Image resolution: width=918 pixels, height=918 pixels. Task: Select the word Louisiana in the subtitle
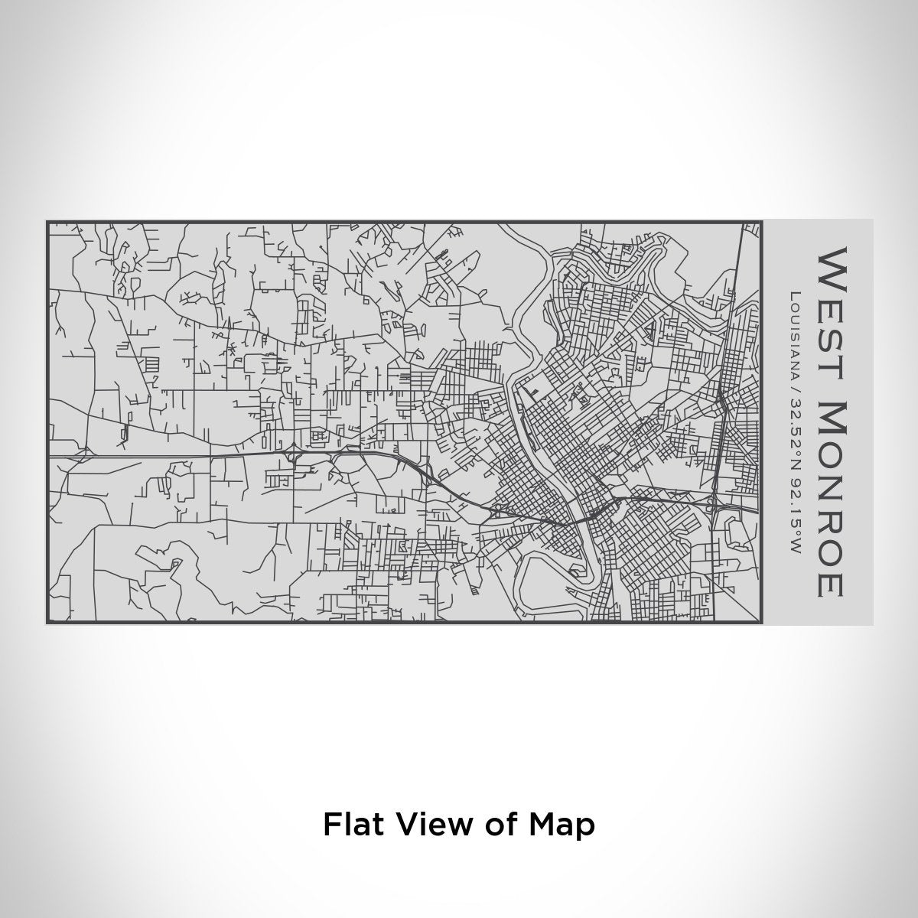(x=796, y=337)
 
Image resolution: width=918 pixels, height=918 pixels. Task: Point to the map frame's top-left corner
(x=47, y=223)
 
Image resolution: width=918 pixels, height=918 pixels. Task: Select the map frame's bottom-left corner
(x=47, y=623)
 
